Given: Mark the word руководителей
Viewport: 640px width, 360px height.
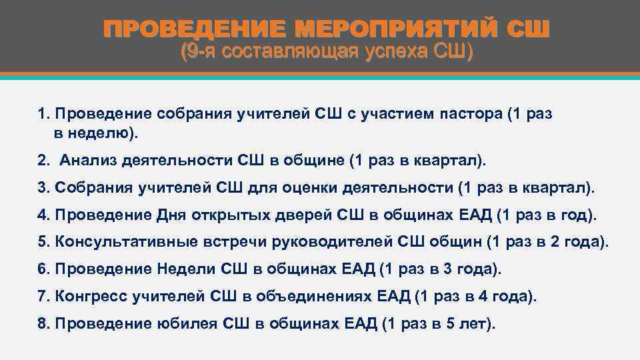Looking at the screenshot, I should pyautogui.click(x=314, y=243).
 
